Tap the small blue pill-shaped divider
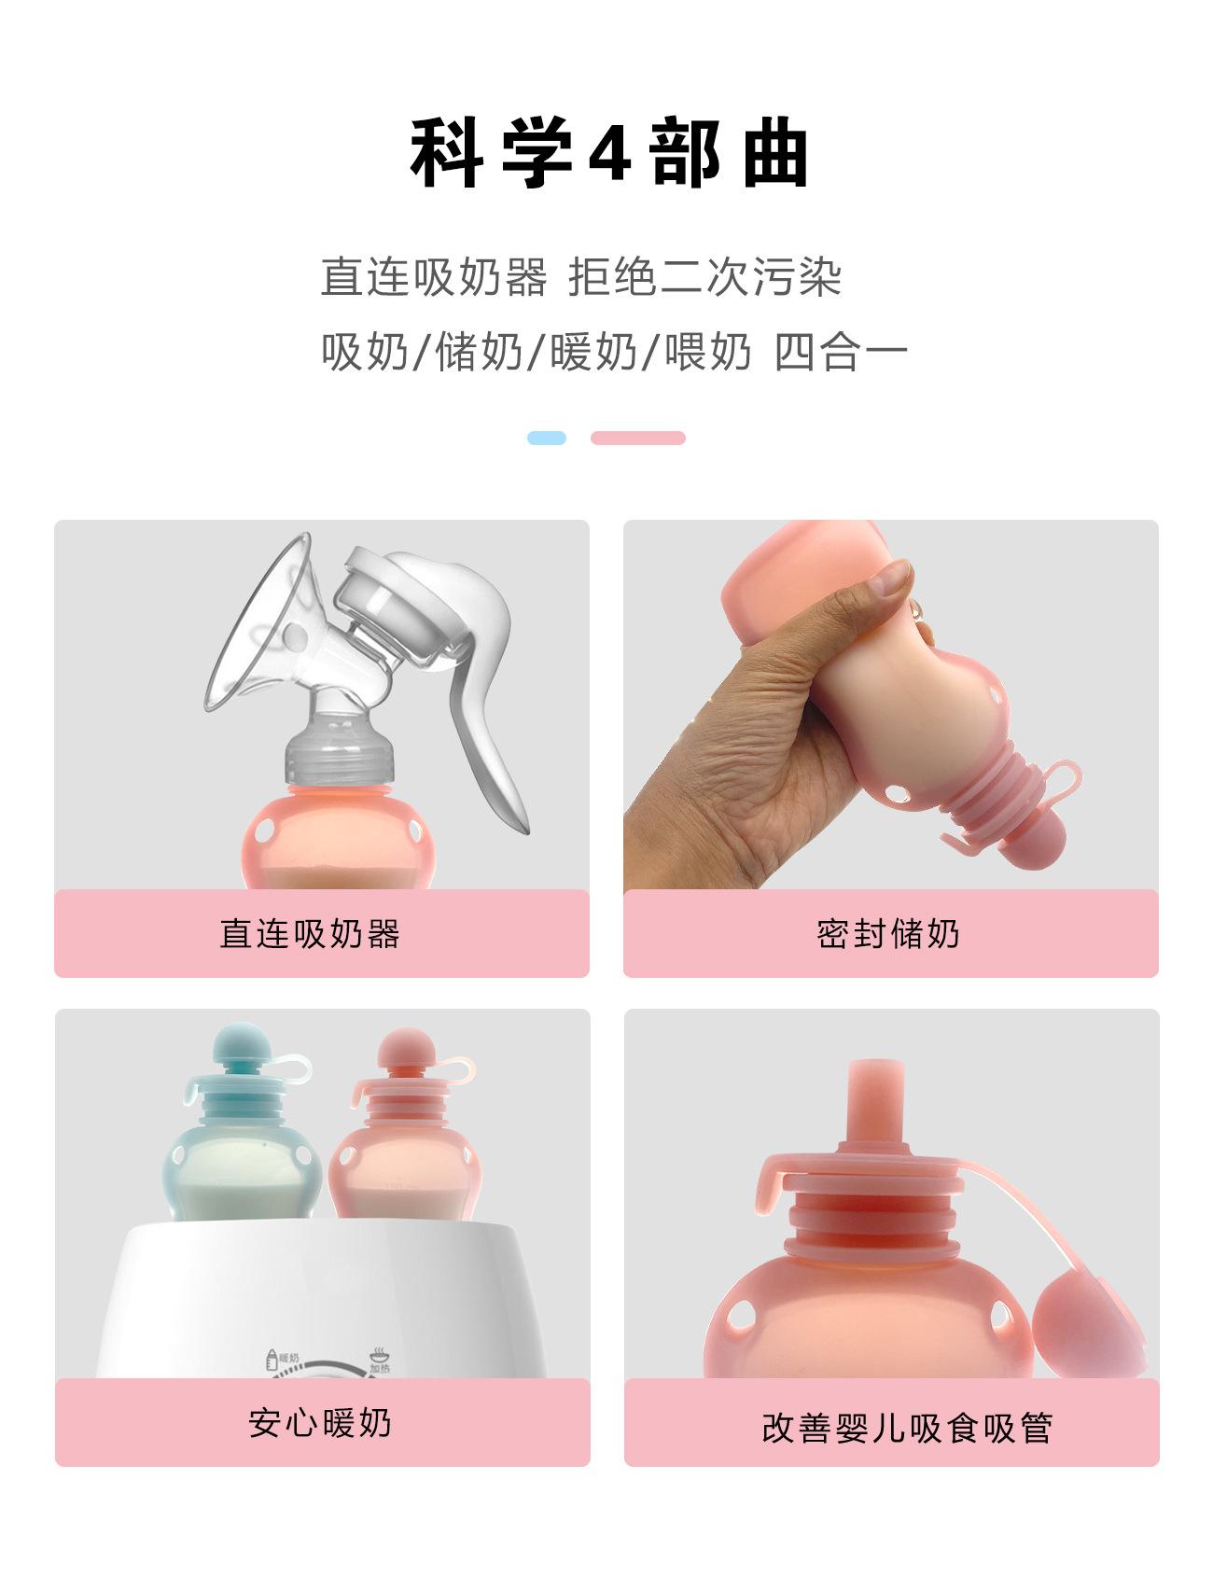(x=546, y=438)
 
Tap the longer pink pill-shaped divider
(x=638, y=438)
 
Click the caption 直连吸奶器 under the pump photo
(x=310, y=934)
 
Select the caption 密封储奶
(x=888, y=934)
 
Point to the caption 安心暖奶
(x=320, y=1423)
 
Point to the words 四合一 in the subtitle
(x=840, y=353)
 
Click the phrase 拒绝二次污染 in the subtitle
(x=705, y=277)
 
